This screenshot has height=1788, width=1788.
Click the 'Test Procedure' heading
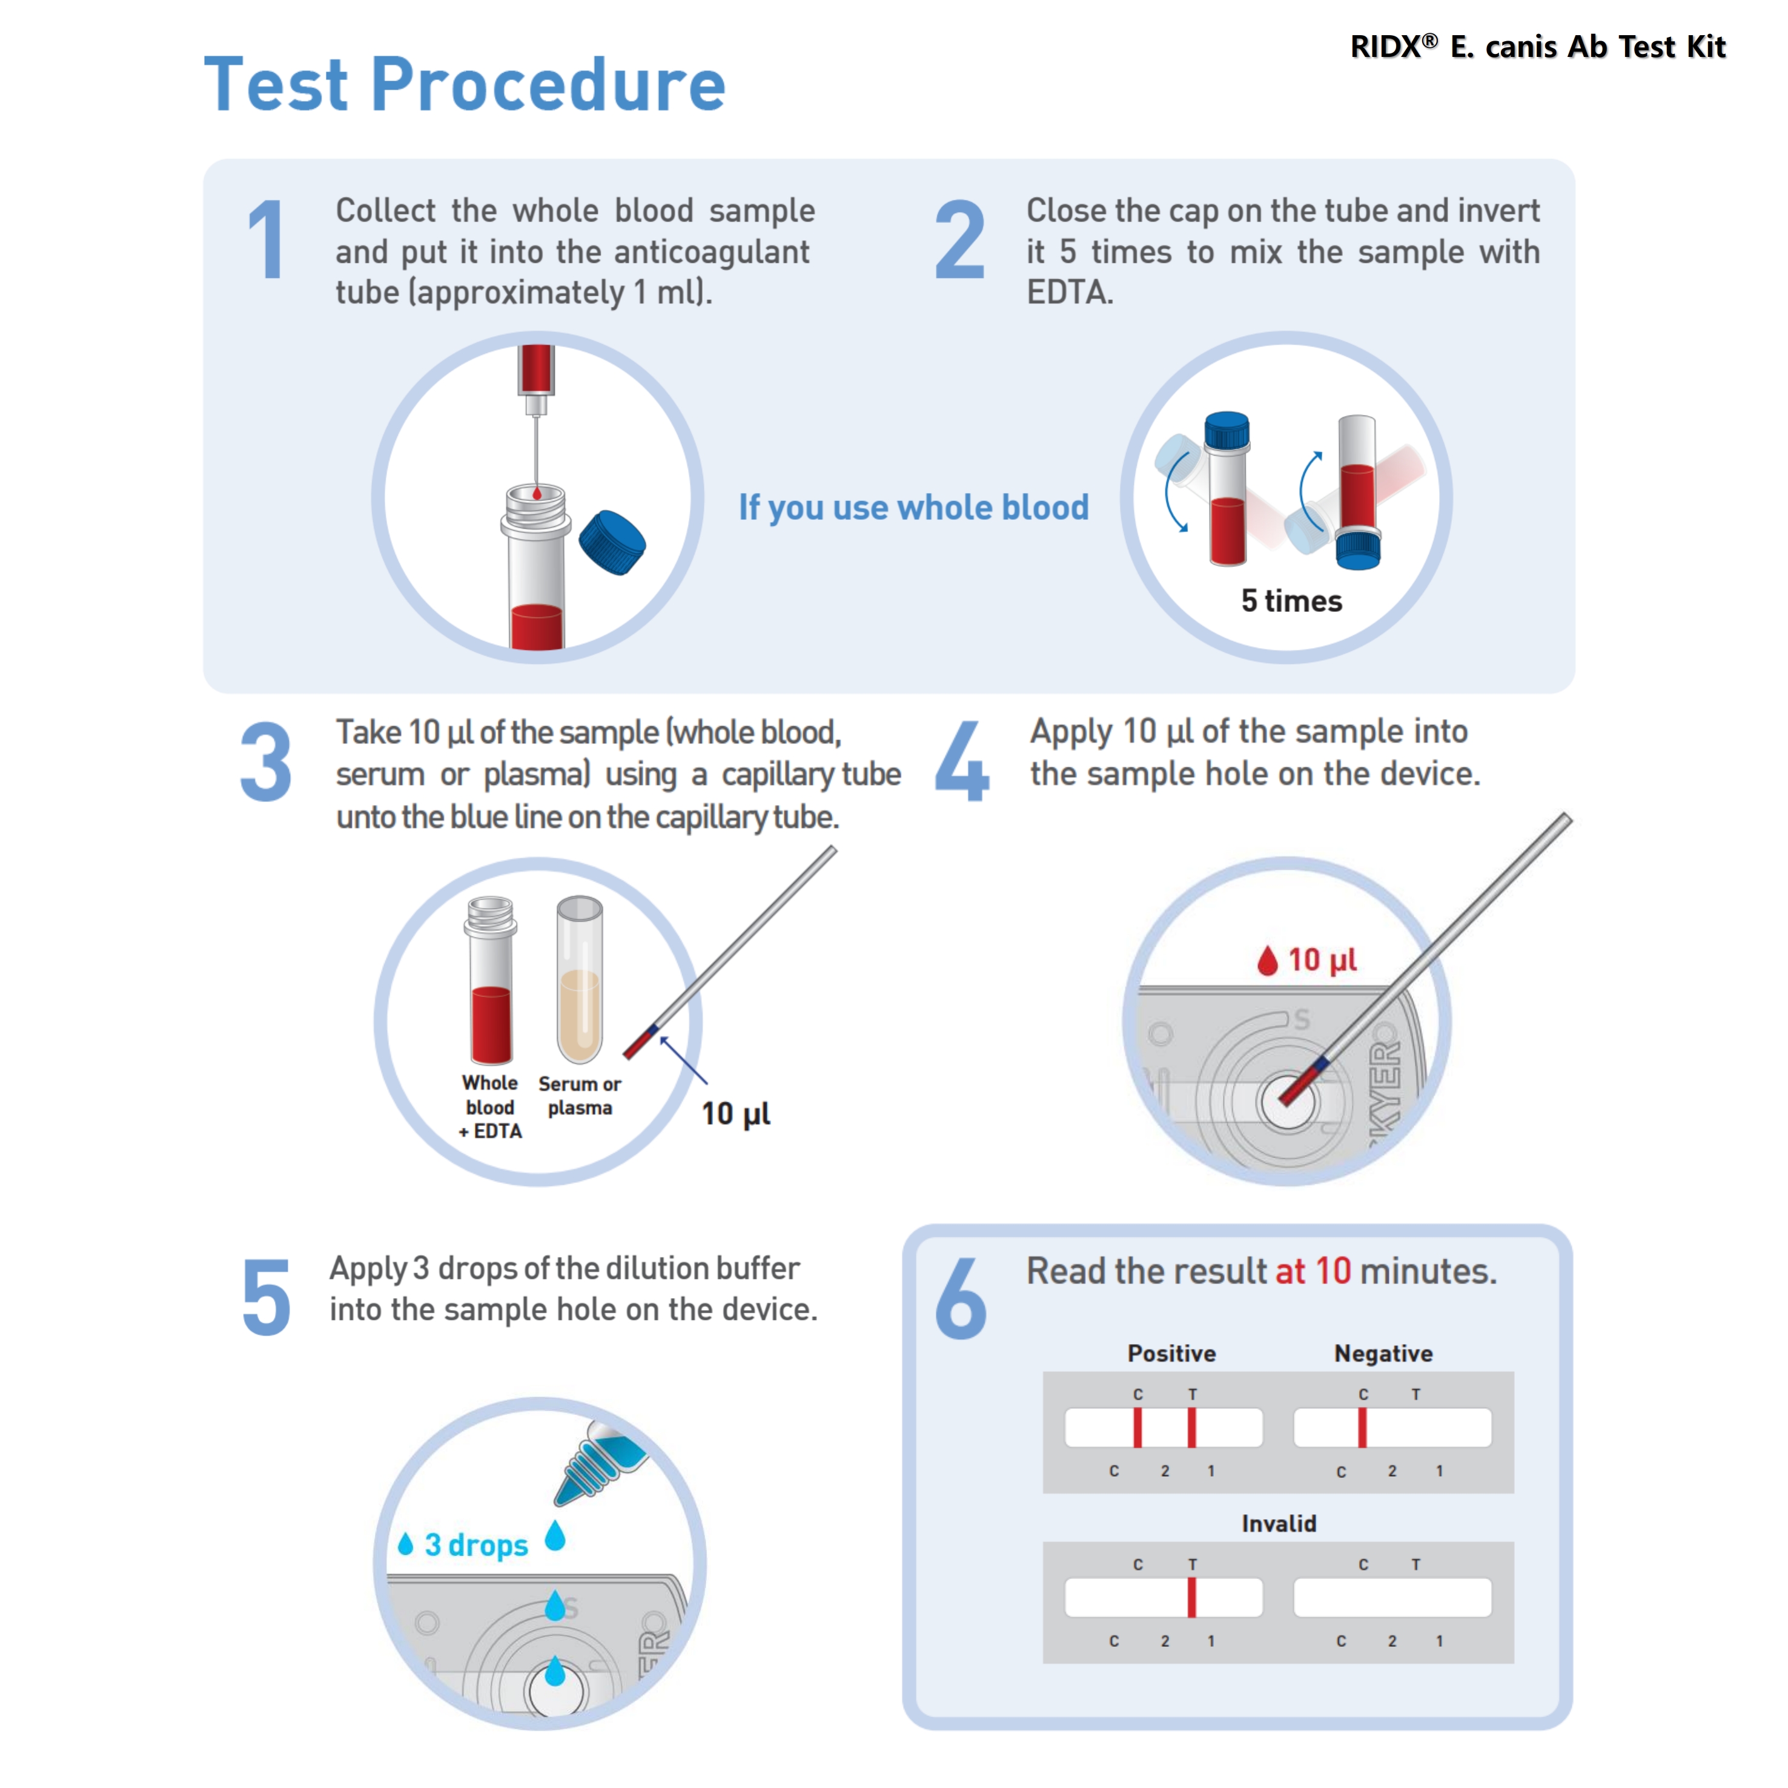(x=465, y=85)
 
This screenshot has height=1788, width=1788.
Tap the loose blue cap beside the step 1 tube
(x=612, y=541)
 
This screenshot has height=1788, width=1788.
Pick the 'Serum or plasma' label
(x=579, y=1095)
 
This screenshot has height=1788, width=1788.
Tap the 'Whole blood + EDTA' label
(x=491, y=1106)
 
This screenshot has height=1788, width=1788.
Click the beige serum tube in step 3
(x=579, y=981)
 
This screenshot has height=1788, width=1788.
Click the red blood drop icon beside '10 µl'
(x=1267, y=961)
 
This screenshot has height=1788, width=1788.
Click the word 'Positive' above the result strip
(x=1171, y=1353)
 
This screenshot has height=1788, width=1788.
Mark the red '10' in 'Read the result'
(x=1333, y=1271)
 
